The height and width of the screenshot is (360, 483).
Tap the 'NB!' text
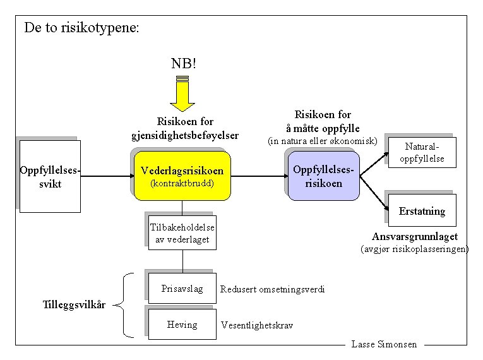(x=184, y=63)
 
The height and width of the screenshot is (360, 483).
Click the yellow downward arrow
(x=183, y=94)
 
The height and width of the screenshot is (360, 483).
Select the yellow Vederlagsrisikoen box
(x=182, y=176)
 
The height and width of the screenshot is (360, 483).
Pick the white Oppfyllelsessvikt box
(x=50, y=177)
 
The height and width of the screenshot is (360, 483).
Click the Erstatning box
(x=422, y=211)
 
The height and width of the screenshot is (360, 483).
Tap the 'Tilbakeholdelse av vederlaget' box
(x=182, y=233)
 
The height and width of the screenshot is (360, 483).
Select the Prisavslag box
(x=182, y=289)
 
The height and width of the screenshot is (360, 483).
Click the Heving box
(x=182, y=325)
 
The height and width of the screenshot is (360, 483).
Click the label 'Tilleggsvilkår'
(x=74, y=305)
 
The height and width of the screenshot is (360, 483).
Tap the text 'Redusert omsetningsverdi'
(x=272, y=289)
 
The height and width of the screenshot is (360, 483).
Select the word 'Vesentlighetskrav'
(x=257, y=325)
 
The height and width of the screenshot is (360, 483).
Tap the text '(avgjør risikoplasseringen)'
(x=414, y=249)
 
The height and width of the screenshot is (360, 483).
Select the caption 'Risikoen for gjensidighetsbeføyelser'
(x=185, y=128)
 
